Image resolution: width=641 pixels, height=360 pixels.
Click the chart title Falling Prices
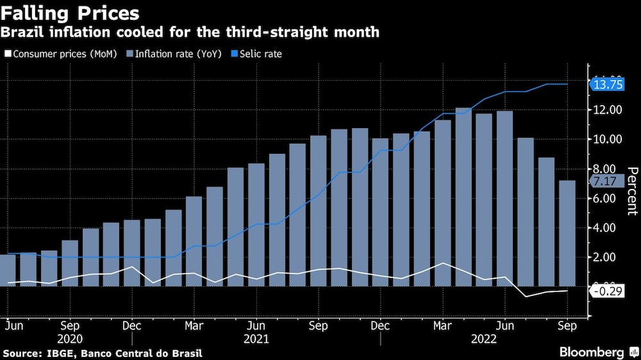coord(71,13)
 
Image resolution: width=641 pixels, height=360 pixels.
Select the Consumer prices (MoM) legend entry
coord(61,54)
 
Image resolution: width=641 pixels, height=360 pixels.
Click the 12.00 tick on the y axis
coord(607,110)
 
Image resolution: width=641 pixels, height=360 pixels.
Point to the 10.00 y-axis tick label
coord(607,140)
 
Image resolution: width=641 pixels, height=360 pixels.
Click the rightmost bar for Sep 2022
coord(567,233)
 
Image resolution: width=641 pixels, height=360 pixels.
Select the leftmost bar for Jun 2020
coord(7,270)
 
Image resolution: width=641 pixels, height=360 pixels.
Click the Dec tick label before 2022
coord(380,326)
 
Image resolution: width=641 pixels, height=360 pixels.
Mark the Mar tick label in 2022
coord(442,326)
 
